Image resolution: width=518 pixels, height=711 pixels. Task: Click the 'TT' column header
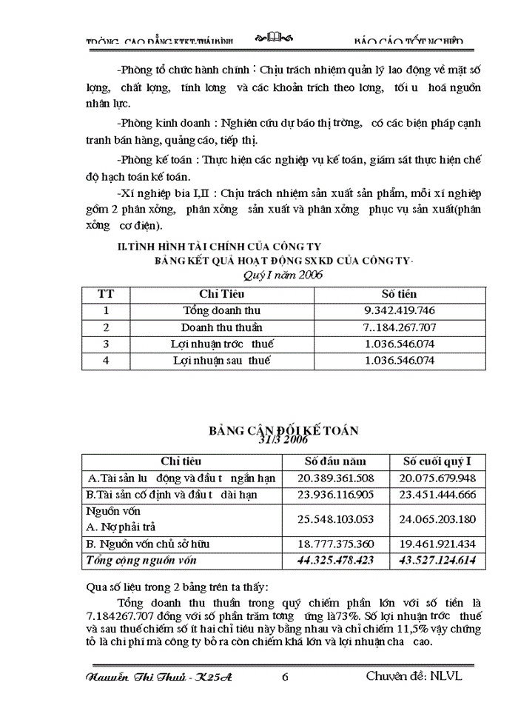pyautogui.click(x=107, y=294)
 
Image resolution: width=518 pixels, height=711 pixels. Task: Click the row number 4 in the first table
pyautogui.click(x=107, y=361)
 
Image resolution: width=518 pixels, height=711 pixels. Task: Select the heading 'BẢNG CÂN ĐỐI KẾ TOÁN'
pyautogui.click(x=284, y=430)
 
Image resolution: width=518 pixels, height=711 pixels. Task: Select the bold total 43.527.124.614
pyautogui.click(x=437, y=561)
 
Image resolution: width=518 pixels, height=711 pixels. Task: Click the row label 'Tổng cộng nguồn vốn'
pyautogui.click(x=142, y=561)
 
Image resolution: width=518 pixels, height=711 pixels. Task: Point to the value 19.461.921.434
pyautogui.click(x=437, y=544)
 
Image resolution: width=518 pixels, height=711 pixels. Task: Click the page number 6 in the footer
pyautogui.click(x=285, y=676)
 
